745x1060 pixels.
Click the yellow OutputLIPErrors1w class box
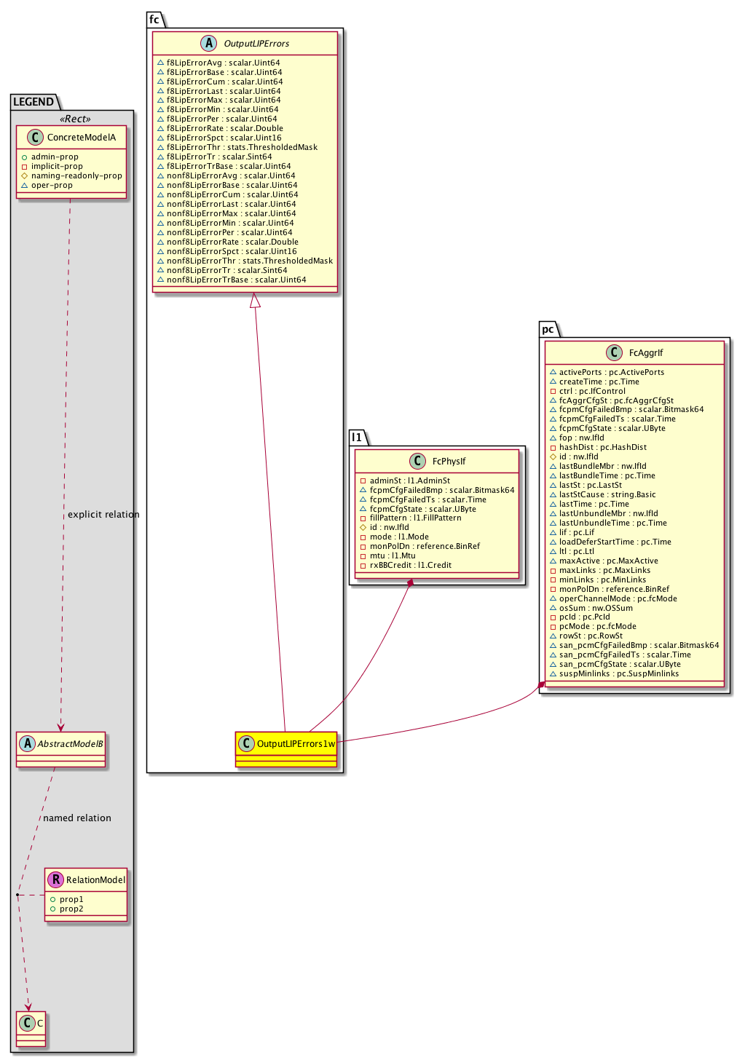click(286, 748)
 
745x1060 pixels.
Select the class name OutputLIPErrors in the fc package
click(256, 44)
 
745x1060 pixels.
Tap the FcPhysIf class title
click(449, 461)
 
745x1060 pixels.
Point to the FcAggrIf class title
click(646, 353)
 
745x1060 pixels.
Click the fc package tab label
click(154, 20)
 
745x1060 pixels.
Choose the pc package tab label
click(548, 329)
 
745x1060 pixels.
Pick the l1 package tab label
click(357, 438)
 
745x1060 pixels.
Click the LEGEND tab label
click(33, 102)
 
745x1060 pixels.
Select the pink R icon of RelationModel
click(55, 879)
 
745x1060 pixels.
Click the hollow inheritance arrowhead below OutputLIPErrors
click(255, 300)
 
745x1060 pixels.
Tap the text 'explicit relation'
click(103, 515)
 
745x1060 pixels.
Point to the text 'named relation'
click(77, 818)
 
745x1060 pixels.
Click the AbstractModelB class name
click(71, 744)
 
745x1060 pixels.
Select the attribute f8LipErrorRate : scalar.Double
click(224, 128)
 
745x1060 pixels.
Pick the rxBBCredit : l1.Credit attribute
click(410, 565)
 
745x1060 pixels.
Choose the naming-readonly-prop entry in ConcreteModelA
click(76, 175)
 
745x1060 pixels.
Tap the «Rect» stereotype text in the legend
click(76, 119)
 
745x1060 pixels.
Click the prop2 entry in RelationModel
click(71, 909)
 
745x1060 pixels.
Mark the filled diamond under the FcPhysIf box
click(410, 583)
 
